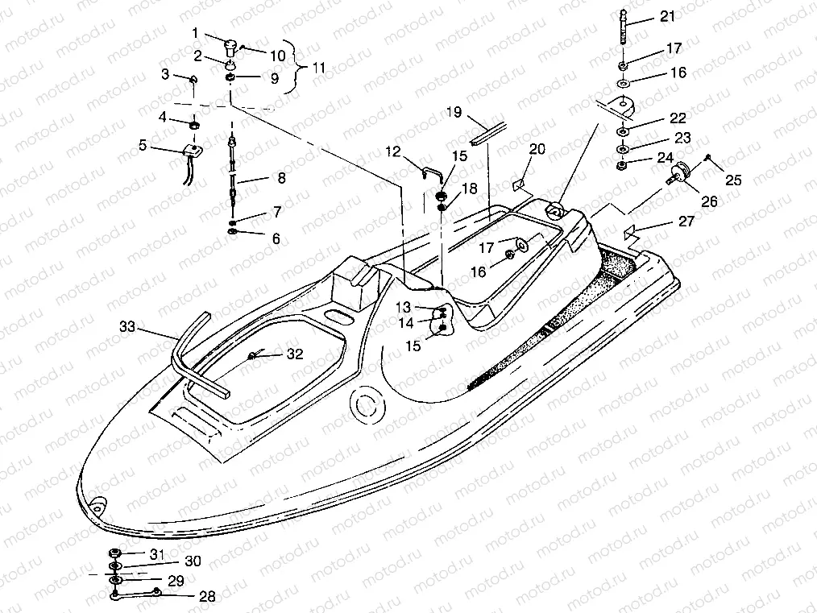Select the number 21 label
[x=668, y=17]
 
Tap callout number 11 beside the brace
[x=319, y=68]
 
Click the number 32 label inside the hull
[x=295, y=354]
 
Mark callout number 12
[x=392, y=151]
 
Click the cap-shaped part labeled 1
[x=230, y=39]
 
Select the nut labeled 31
[x=115, y=553]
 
